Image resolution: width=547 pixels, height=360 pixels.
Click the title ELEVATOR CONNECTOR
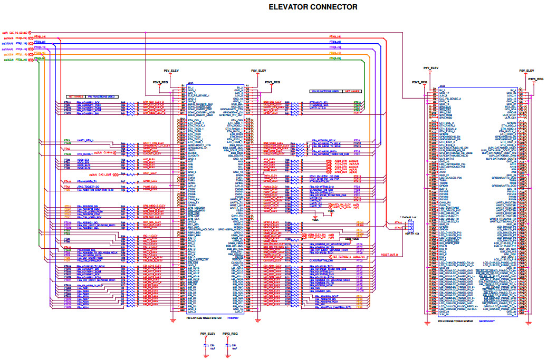coord(313,7)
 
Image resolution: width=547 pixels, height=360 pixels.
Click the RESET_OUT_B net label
coord(390,255)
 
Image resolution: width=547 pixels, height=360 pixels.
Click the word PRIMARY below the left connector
coord(233,318)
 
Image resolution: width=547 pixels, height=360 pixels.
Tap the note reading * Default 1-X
coord(410,217)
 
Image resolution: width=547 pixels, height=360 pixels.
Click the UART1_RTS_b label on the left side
coord(85,141)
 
